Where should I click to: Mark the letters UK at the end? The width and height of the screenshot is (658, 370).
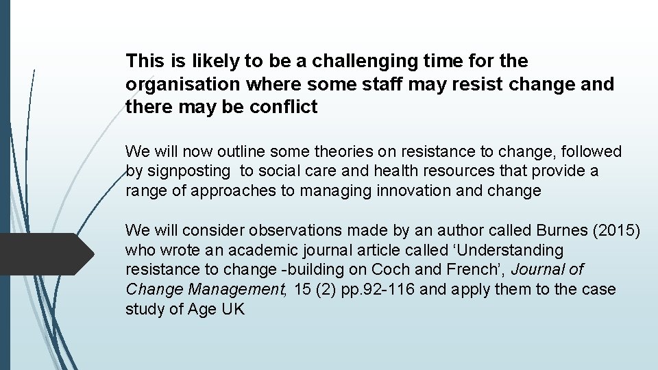pyautogui.click(x=232, y=309)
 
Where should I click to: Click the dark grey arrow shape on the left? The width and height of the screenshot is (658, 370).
pyautogui.click(x=45, y=254)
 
